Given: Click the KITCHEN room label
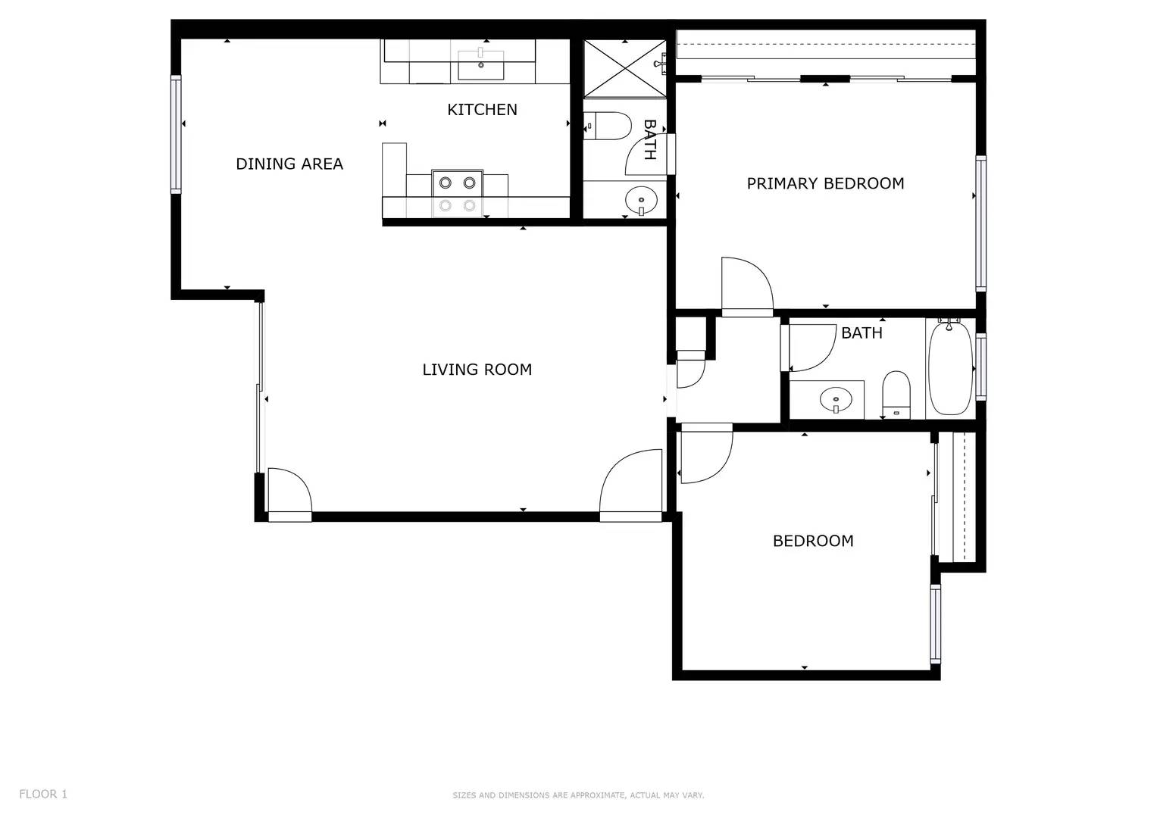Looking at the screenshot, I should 482,110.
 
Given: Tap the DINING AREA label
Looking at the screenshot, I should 289,164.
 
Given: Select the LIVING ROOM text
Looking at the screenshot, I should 477,370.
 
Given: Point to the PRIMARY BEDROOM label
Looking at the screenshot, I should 825,183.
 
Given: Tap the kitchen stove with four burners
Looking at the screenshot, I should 458,193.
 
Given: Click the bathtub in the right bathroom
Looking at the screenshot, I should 950,368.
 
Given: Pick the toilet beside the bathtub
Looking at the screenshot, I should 896,394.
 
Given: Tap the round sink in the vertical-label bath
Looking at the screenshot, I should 640,201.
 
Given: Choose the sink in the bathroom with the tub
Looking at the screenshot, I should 836,398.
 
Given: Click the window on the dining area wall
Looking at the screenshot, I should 176,134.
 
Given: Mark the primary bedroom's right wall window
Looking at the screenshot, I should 980,223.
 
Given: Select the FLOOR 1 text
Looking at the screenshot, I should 43,794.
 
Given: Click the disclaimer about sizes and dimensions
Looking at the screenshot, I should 578,795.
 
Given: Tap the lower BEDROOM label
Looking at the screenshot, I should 812,541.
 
